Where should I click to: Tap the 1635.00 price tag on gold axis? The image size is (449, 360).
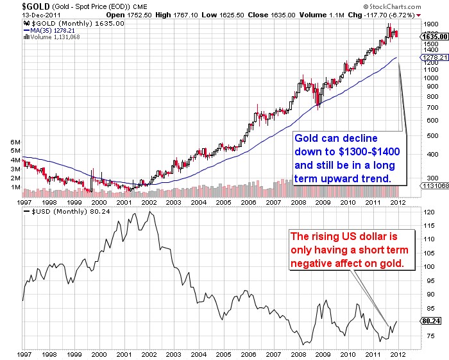click(x=435, y=37)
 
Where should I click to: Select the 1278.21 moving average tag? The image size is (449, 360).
click(x=434, y=58)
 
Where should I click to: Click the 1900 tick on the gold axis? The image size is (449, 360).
click(x=430, y=22)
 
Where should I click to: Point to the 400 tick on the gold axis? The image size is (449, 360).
click(x=428, y=153)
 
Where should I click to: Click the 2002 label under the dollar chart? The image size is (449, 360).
click(x=149, y=354)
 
